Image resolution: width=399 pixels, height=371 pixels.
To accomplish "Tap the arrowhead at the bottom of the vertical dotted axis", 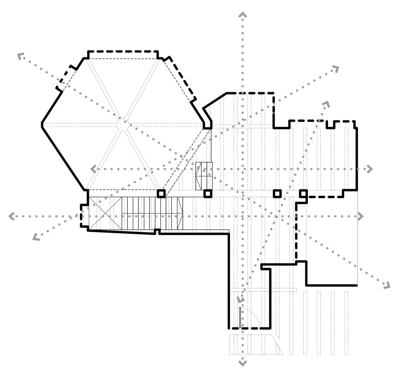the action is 243,363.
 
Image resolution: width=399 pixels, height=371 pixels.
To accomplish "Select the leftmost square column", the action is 161,194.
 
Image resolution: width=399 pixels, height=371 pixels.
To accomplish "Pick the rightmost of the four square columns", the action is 304,193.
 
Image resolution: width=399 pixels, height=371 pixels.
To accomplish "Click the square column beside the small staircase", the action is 208,194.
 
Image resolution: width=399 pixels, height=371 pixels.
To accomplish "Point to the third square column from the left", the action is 277,193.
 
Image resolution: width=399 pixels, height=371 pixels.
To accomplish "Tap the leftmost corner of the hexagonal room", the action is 42,125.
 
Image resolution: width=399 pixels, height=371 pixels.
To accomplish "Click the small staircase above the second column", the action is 204,176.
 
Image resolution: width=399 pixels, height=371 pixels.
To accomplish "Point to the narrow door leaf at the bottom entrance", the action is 240,317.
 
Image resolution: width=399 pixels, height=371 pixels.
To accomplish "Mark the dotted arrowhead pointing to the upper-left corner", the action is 20,56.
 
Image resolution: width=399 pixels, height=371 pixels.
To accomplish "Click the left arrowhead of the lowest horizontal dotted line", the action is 12,216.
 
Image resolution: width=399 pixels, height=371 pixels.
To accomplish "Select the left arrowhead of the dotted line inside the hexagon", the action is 93,169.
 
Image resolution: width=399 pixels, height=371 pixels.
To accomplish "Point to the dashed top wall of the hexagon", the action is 123,52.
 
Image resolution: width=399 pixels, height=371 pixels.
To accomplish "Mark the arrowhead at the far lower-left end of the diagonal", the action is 36,237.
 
